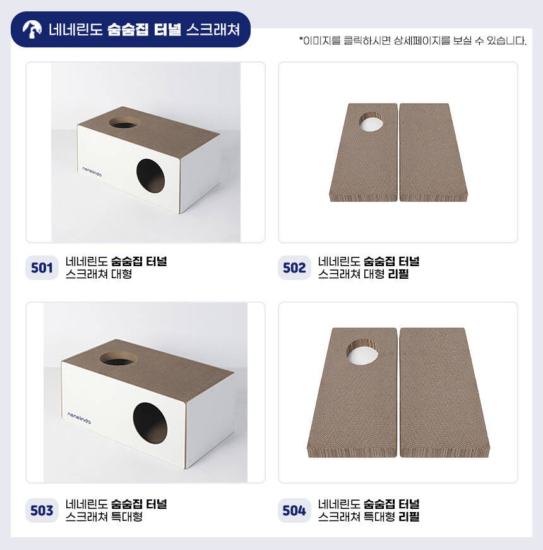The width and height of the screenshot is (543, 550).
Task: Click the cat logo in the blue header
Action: [32, 29]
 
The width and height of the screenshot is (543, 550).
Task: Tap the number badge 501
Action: [42, 267]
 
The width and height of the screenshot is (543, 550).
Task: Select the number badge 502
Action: [294, 267]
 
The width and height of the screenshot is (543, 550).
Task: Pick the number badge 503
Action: [42, 510]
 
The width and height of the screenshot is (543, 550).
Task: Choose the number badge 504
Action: [294, 510]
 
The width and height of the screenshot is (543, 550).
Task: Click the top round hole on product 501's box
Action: [124, 123]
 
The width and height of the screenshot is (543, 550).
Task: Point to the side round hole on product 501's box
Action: [150, 176]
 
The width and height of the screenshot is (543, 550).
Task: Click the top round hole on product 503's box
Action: [119, 358]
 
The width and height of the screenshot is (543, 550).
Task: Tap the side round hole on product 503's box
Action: [150, 423]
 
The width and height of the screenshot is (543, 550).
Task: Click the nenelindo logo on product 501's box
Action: [92, 171]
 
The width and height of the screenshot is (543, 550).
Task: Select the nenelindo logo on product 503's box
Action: [79, 418]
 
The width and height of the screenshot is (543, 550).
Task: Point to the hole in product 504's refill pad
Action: [362, 353]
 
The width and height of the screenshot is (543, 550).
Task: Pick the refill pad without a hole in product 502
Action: [433, 152]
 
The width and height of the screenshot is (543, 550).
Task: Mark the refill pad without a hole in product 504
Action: [444, 393]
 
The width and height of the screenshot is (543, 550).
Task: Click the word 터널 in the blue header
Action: [167, 30]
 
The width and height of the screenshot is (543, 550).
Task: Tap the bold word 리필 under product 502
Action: [398, 274]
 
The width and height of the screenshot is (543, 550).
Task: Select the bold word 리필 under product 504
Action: [409, 516]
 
